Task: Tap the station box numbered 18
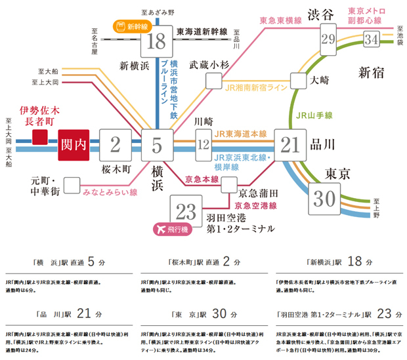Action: click(156, 41)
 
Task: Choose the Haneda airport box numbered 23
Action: click(186, 210)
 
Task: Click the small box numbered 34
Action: click(372, 39)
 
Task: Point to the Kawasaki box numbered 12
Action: click(203, 144)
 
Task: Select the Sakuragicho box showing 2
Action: click(116, 144)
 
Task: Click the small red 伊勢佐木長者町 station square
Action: click(40, 137)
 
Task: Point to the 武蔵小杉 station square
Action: click(214, 80)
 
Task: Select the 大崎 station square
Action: click(299, 80)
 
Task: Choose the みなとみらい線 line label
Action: click(110, 192)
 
